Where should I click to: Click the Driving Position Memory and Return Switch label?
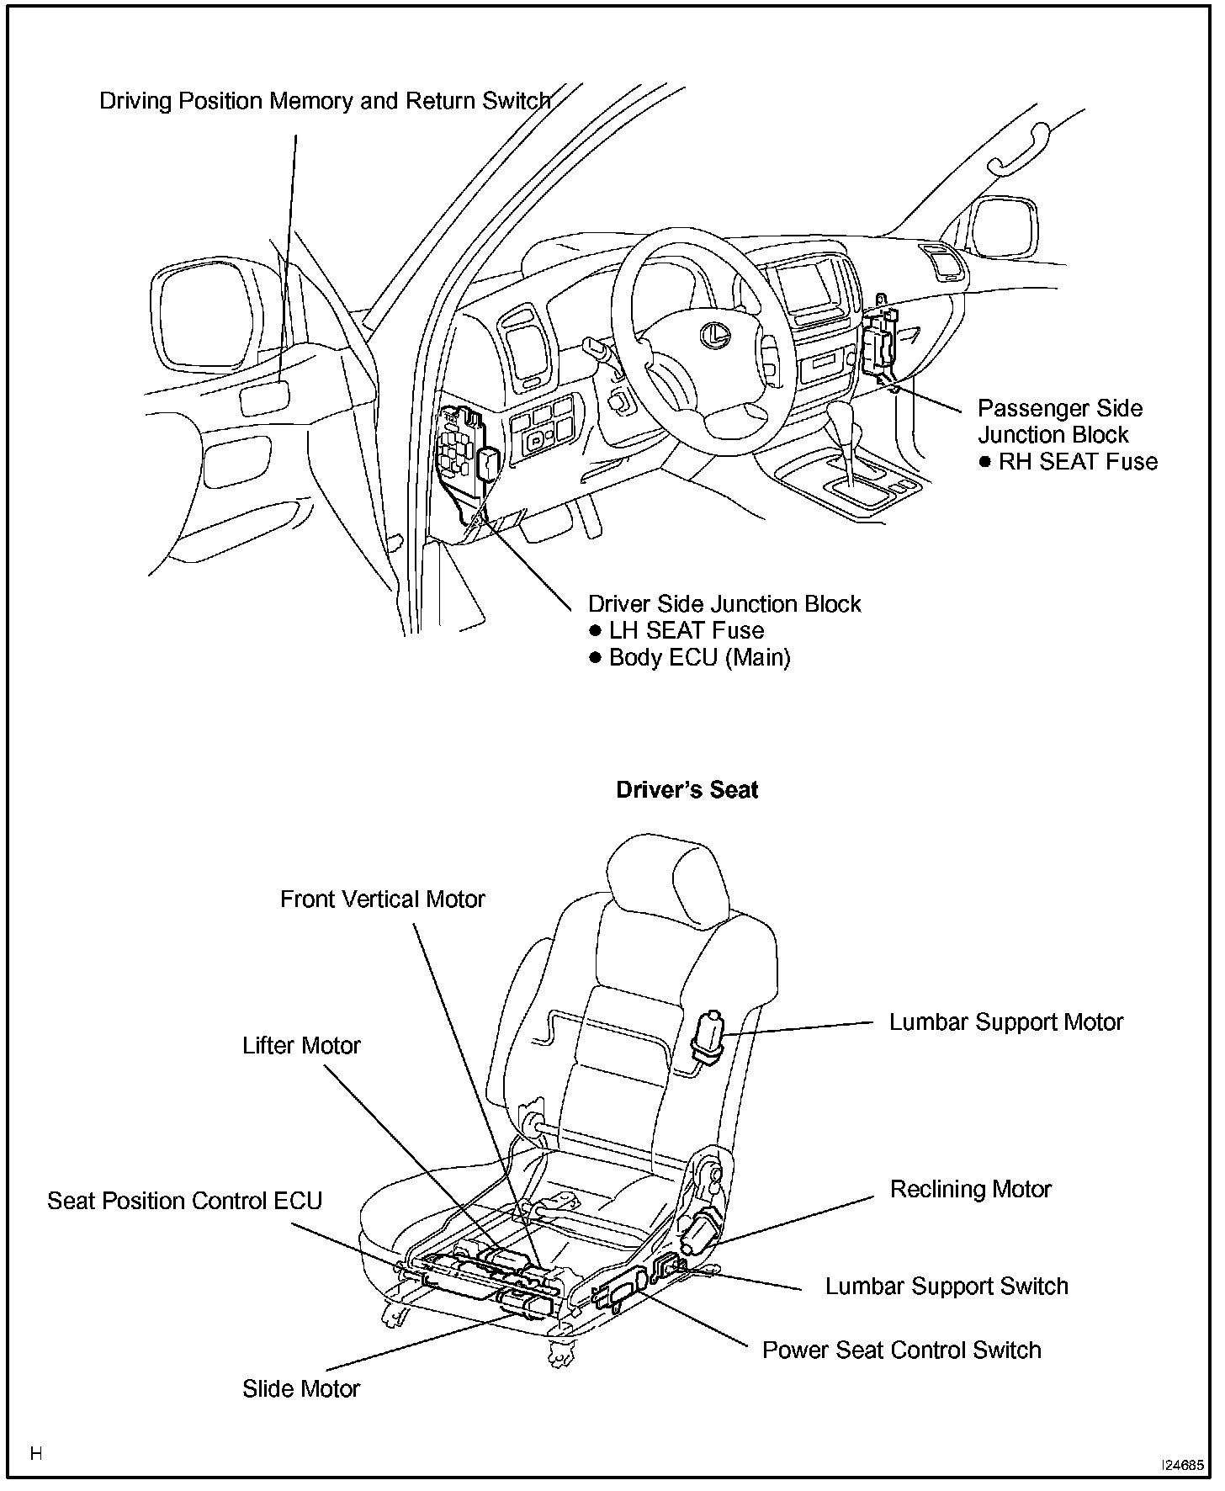[x=325, y=101]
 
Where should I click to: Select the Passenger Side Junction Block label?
[x=1059, y=422]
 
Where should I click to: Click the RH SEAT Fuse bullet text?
[x=1077, y=462]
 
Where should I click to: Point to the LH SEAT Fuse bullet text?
[x=686, y=630]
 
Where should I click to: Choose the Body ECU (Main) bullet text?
[x=699, y=657]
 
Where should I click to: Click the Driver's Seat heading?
[x=687, y=790]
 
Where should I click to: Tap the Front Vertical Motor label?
[x=382, y=899]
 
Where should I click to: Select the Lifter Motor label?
[x=301, y=1046]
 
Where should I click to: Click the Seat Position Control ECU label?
[x=184, y=1201]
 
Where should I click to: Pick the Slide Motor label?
[x=300, y=1388]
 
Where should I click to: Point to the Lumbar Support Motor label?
[x=1006, y=1022]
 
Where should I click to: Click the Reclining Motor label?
[x=970, y=1189]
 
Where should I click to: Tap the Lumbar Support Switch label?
[x=946, y=1286]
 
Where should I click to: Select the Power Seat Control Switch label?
[x=901, y=1350]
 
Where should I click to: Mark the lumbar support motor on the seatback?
[x=708, y=1036]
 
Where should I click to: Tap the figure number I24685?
[x=1182, y=1465]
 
